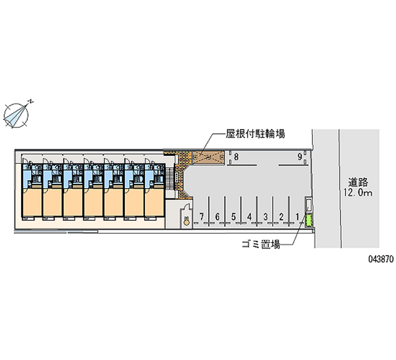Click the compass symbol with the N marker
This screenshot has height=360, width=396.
pos(16,114)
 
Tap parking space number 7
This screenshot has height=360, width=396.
pos(201,216)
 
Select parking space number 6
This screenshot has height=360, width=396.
pos(217,216)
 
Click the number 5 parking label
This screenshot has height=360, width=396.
pos(233,216)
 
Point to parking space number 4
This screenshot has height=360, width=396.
pos(249,216)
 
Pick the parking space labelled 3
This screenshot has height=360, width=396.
pos(266,216)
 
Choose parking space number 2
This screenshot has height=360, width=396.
pos(281,216)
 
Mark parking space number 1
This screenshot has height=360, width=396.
pos(297,216)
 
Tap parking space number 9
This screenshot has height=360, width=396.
pos(300,157)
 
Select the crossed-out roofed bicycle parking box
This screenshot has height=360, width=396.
pos(207,157)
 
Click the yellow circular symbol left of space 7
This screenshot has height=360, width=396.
pos(186,222)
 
